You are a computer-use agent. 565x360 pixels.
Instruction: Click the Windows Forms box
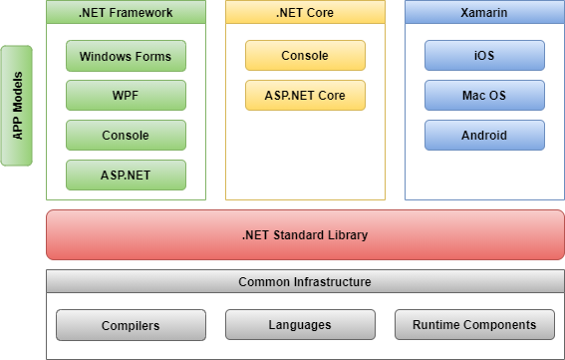126,56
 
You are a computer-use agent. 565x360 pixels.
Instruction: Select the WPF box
126,96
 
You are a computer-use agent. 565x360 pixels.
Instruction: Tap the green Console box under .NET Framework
126,135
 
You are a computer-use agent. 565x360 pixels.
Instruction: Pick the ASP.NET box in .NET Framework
126,175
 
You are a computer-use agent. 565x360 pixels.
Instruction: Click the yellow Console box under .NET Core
305,56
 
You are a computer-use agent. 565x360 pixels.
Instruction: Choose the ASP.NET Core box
305,96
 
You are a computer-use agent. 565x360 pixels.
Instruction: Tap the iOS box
484,56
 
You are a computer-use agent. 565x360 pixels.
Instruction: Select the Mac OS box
484,96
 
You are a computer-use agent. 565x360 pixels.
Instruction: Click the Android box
484,135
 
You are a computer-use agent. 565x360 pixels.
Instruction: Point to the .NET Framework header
126,13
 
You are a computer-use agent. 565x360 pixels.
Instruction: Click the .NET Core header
305,13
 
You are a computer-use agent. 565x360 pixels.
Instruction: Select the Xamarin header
484,13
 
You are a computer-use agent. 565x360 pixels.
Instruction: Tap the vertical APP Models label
17,105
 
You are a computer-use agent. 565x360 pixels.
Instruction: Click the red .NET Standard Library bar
305,235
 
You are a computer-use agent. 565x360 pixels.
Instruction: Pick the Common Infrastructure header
305,282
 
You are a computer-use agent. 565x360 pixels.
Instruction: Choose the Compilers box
131,325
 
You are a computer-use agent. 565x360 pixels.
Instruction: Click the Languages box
300,325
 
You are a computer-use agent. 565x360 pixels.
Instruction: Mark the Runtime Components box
473,325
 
